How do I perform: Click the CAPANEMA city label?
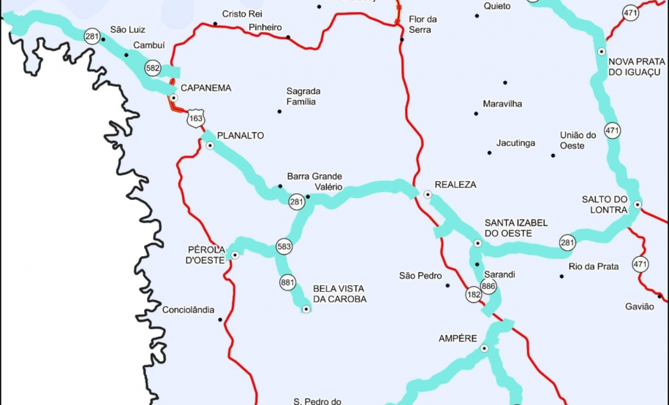[x=205, y=88]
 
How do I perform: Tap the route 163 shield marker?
[x=196, y=118]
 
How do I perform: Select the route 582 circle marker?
[x=153, y=68]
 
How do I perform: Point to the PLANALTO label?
[x=241, y=136]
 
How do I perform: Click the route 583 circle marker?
[x=284, y=247]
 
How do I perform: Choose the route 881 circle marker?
[x=287, y=282]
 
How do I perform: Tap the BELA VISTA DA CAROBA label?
[x=339, y=293]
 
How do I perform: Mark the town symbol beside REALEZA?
[x=428, y=194]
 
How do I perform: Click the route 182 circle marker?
[x=474, y=295]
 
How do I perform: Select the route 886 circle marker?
[x=489, y=287]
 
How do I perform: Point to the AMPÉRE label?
[x=458, y=339]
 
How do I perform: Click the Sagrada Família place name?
[x=303, y=96]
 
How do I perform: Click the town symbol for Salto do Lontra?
[x=638, y=205]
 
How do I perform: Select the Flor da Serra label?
[x=423, y=24]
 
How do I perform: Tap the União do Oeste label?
[x=578, y=140]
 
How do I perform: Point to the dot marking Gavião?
[x=659, y=296]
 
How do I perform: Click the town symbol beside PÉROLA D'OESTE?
[x=235, y=255]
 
